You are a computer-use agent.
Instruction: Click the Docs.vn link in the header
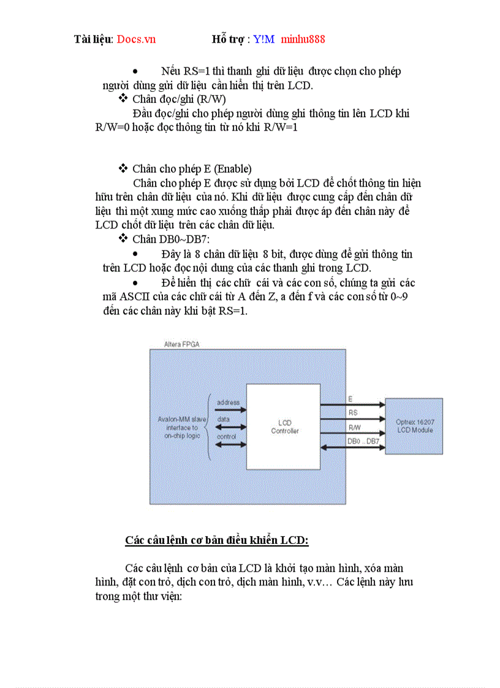(136, 39)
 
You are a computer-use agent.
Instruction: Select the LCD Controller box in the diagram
(283, 427)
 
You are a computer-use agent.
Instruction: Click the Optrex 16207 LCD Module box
(414, 426)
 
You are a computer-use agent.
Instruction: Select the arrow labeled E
(352, 404)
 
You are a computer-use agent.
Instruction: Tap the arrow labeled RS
(352, 419)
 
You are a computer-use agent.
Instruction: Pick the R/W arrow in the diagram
(352, 433)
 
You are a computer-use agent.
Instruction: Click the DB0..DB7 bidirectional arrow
(352, 447)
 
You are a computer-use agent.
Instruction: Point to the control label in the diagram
(227, 436)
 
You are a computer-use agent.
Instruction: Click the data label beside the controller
(224, 419)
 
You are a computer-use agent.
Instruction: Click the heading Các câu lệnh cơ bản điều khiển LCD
(217, 540)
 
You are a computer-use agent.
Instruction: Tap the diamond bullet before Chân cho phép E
(123, 168)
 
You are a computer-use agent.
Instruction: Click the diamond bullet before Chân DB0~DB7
(123, 238)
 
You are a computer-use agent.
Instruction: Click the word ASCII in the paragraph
(138, 297)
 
